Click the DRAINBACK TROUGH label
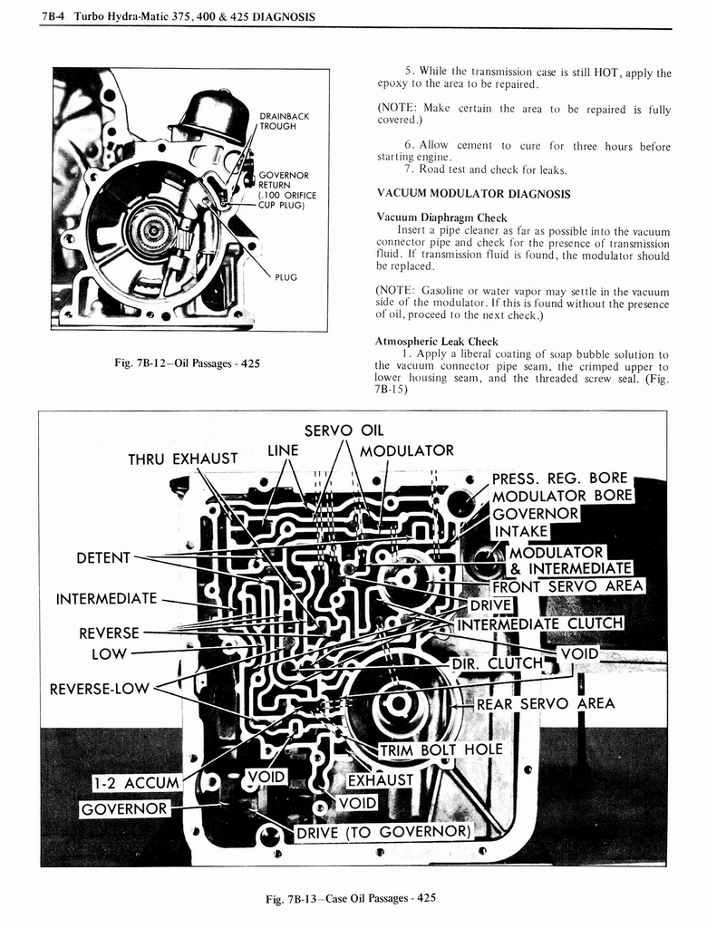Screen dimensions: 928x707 coord(284,121)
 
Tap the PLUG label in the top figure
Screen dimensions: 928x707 coord(286,277)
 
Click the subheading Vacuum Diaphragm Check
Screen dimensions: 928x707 coord(441,217)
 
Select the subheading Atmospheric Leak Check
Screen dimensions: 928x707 coord(437,342)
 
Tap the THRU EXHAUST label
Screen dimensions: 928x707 coord(183,459)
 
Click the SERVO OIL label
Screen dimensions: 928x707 coord(344,430)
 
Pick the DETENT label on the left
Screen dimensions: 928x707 coord(104,557)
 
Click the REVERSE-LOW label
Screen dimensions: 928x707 coord(99,688)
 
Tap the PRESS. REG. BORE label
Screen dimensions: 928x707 coord(559,478)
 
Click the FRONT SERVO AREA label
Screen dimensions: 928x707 coord(567,586)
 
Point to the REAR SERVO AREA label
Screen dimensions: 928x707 coord(545,703)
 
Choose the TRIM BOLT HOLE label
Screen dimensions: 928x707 coord(440,750)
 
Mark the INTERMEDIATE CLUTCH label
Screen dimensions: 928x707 coord(540,623)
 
